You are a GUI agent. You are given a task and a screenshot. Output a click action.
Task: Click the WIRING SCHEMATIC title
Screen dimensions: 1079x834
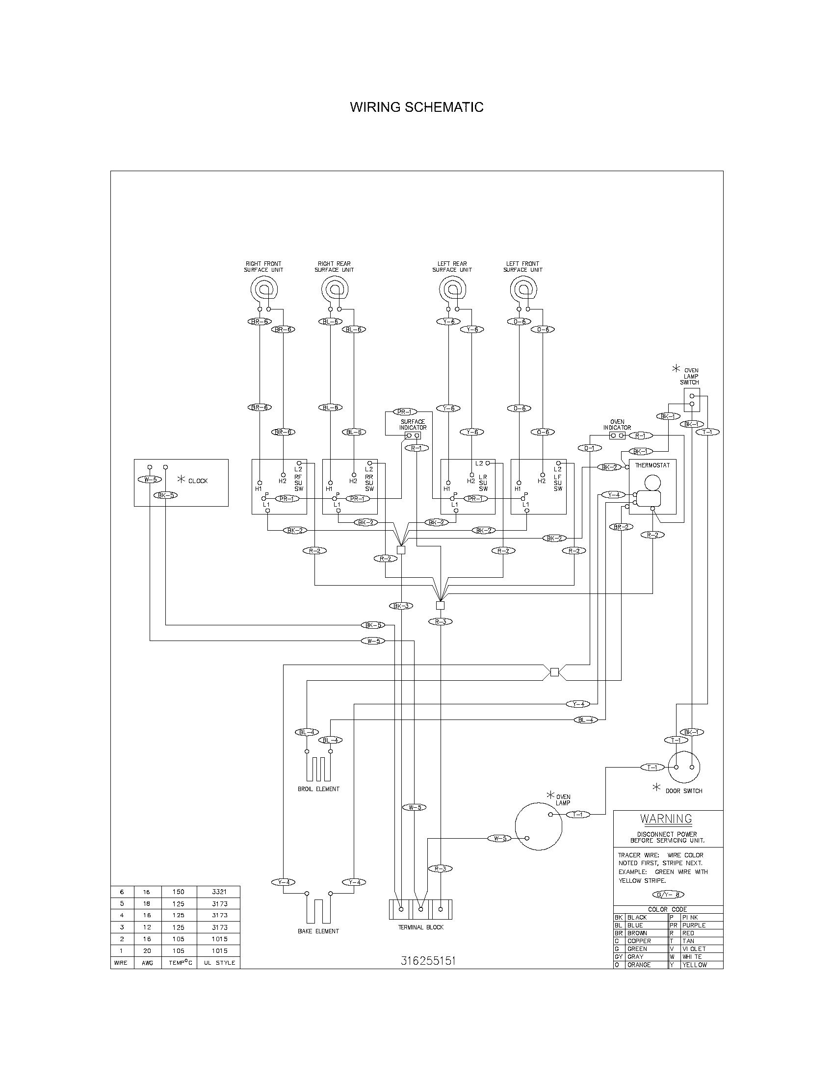tap(417, 107)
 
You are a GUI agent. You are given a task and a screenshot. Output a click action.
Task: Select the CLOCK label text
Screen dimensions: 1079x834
tap(198, 481)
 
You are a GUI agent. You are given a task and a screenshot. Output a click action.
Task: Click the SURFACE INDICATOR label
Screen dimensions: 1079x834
tap(413, 424)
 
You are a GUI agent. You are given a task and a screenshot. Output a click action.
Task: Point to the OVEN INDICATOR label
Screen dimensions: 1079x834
tap(617, 425)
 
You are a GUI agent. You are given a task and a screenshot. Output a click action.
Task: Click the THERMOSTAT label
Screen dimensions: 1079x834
tap(652, 465)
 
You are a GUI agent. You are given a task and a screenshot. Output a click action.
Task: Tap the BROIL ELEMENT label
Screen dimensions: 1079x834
tap(318, 789)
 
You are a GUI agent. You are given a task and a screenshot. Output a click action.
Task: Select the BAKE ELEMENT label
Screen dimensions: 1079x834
tap(318, 931)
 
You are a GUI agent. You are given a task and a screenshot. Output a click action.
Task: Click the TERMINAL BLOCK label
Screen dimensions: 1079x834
tap(420, 927)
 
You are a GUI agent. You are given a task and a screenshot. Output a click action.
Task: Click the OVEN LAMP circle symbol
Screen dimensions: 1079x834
tap(539, 826)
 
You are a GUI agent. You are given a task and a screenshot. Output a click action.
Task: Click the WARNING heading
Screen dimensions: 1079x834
tap(666, 819)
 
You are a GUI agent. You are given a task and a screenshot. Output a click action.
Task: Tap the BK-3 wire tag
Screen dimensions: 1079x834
tap(401, 606)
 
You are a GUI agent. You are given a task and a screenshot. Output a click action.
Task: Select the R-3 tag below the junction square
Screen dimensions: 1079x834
tap(440, 621)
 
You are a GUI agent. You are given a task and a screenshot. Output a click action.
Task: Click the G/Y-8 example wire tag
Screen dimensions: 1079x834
tap(668, 895)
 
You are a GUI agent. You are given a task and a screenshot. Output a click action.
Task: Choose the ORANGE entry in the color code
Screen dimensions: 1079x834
tap(639, 965)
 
